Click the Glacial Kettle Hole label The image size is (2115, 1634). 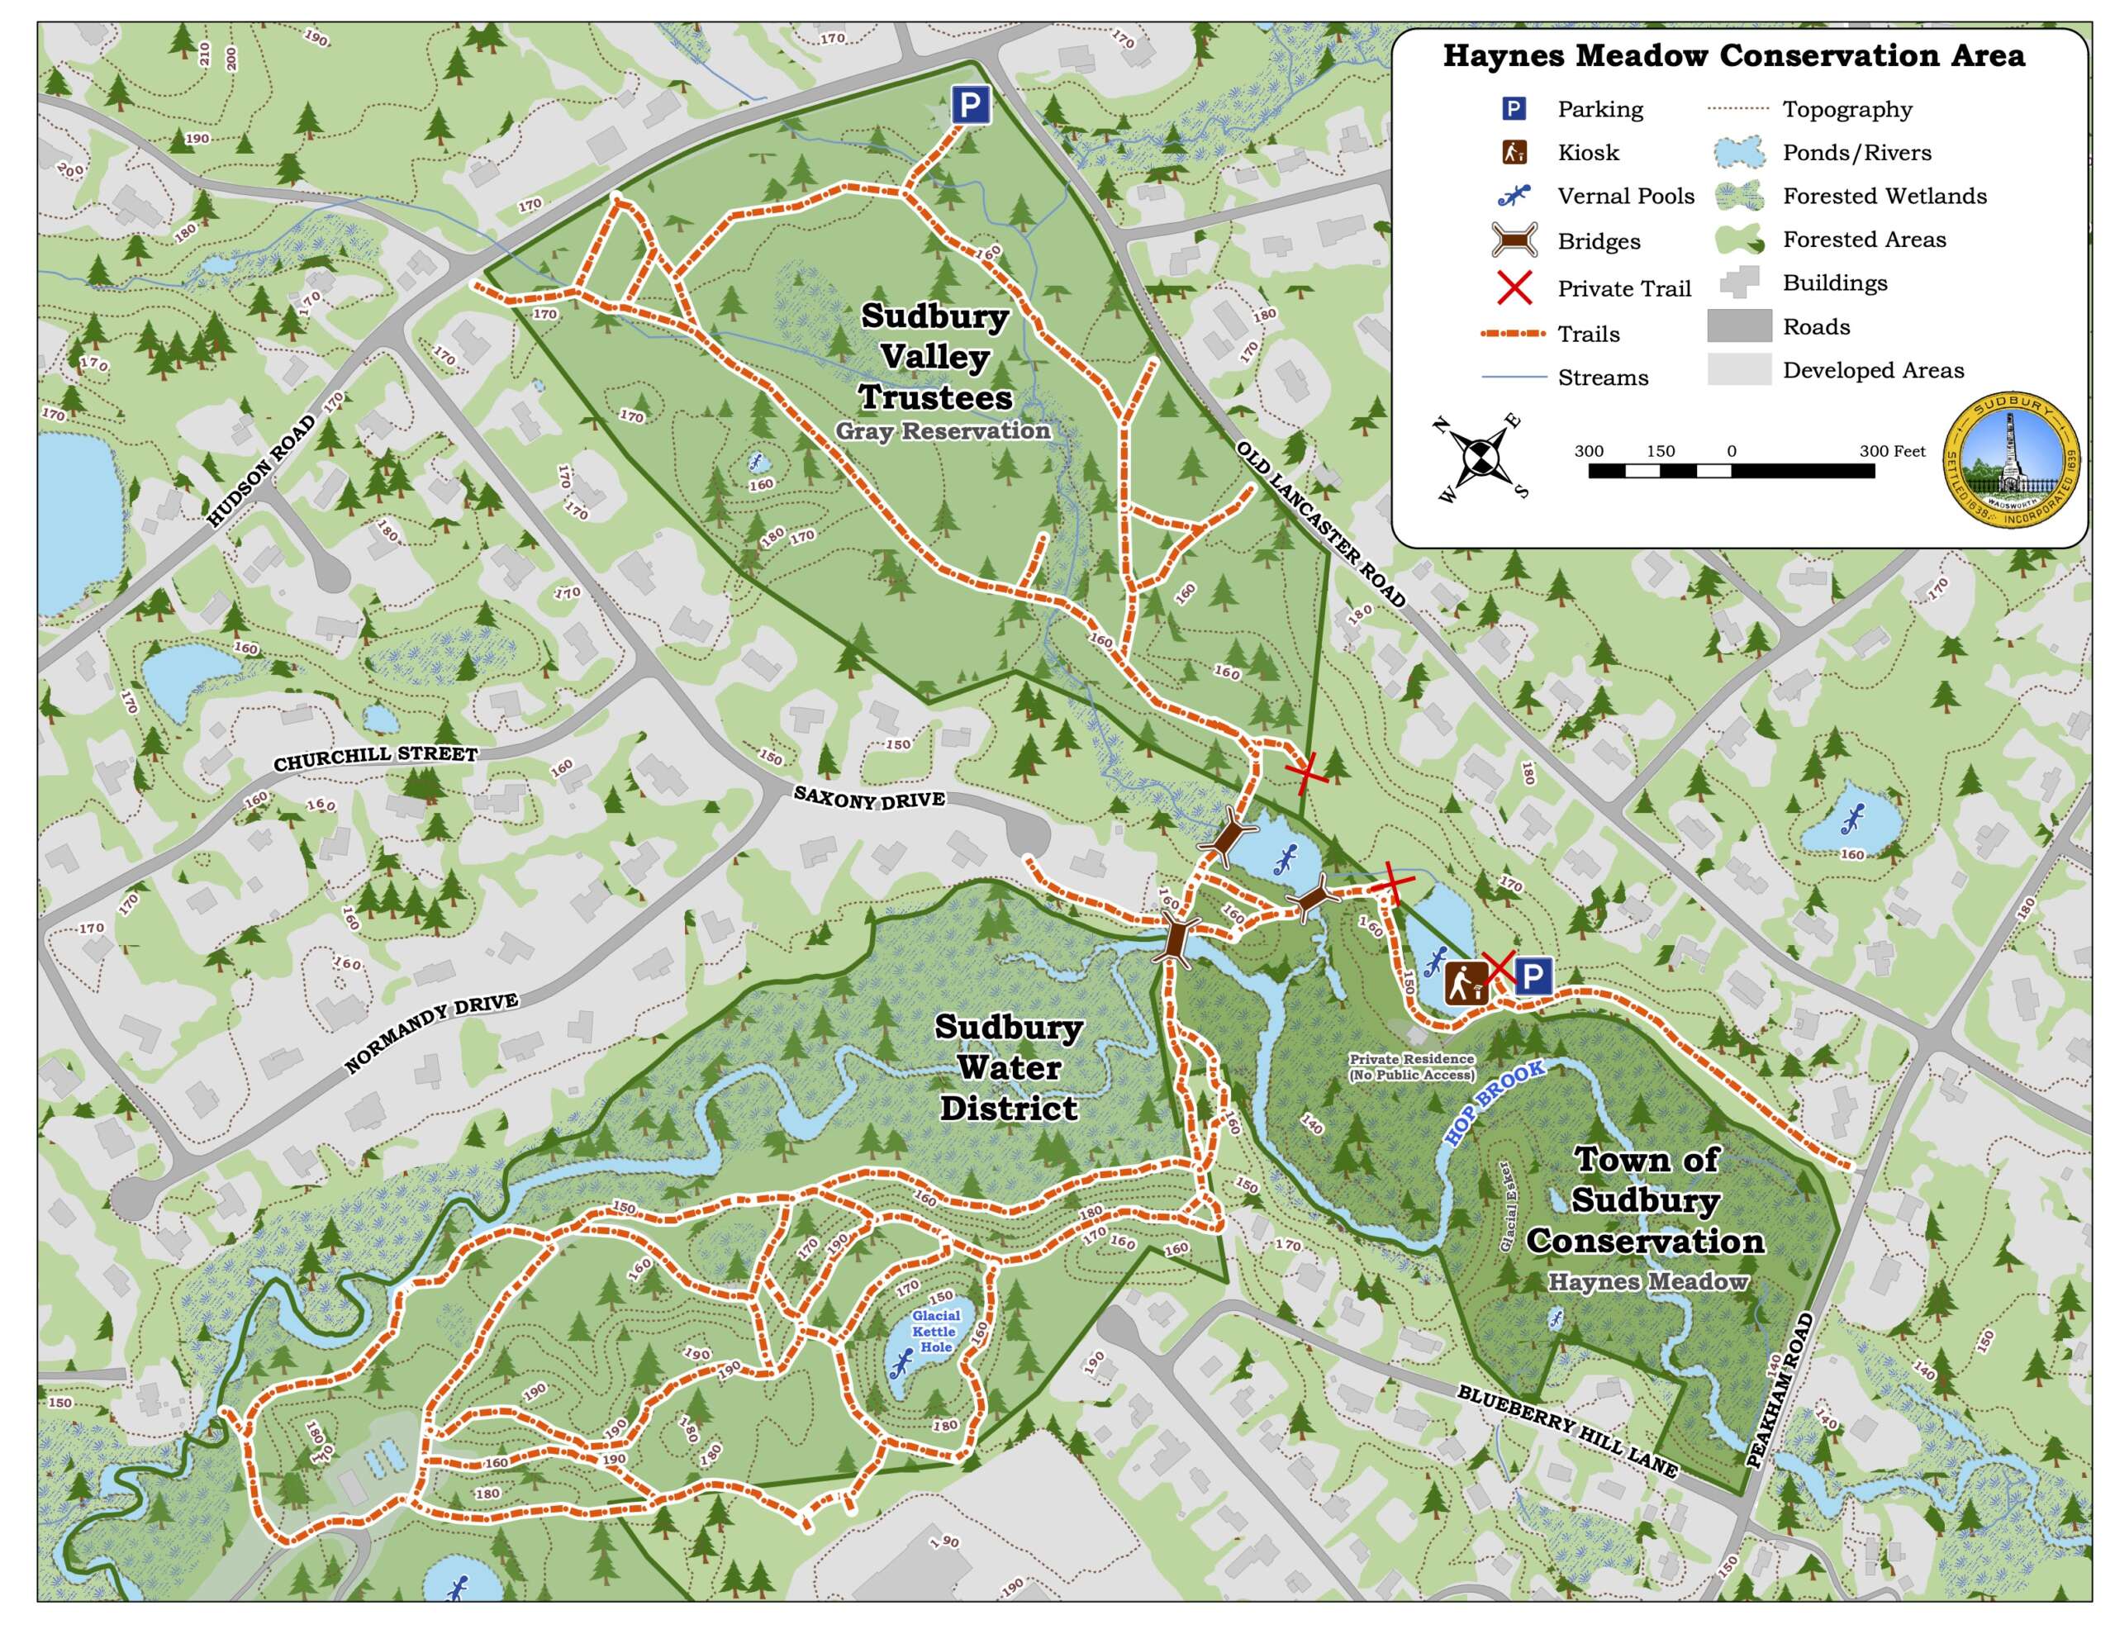(935, 1331)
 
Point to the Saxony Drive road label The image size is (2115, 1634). (868, 798)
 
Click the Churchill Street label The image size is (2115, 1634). (376, 758)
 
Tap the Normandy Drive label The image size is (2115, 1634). (432, 1033)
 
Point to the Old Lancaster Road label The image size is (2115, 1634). (1321, 524)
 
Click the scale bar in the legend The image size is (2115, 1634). (1731, 471)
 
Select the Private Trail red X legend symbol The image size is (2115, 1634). (1514, 287)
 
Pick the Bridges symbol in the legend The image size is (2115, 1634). (1514, 240)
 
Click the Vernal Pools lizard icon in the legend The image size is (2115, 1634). (1514, 196)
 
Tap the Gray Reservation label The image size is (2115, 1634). (943, 431)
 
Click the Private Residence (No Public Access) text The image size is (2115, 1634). (1412, 1067)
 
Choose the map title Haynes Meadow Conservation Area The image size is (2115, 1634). (1733, 56)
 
